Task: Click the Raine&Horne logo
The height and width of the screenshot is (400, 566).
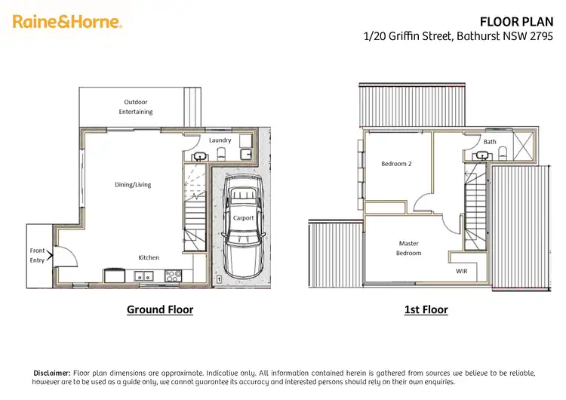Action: click(x=67, y=22)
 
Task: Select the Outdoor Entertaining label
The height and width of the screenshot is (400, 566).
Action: click(x=136, y=106)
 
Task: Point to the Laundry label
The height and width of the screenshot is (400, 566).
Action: click(x=220, y=140)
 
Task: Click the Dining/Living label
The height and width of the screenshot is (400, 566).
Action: click(x=133, y=184)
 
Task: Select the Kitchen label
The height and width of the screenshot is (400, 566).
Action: click(x=149, y=257)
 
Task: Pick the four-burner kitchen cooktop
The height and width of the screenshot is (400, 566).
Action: click(x=173, y=276)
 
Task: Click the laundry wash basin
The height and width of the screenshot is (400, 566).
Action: click(x=199, y=156)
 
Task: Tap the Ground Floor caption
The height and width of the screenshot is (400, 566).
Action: click(x=159, y=309)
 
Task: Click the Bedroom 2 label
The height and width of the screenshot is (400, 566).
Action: click(x=396, y=163)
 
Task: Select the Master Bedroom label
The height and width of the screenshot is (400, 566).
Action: click(x=409, y=248)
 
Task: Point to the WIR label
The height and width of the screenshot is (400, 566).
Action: click(x=462, y=270)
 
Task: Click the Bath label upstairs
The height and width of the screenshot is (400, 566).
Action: click(x=490, y=141)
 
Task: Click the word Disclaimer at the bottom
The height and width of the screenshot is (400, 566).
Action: click(x=52, y=373)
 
